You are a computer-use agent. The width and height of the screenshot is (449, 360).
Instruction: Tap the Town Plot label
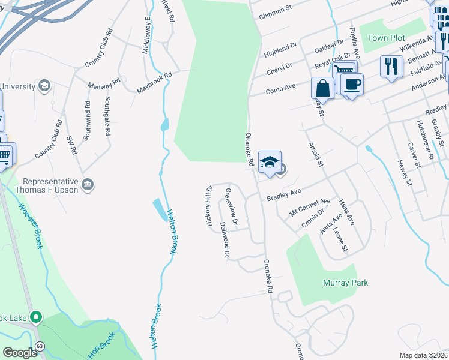[386, 38]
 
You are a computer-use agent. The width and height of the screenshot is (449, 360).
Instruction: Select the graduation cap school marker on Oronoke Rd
[270, 162]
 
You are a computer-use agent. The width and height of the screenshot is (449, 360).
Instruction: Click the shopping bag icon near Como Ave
[322, 88]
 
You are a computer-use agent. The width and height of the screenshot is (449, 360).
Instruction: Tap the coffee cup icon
[352, 83]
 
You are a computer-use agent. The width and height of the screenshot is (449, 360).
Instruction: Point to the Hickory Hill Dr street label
[209, 206]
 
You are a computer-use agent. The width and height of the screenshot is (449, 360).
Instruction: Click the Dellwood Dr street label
[224, 239]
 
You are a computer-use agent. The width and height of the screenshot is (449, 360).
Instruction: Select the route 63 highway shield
[40, 346]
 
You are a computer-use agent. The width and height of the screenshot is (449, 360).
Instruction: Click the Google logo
[20, 353]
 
